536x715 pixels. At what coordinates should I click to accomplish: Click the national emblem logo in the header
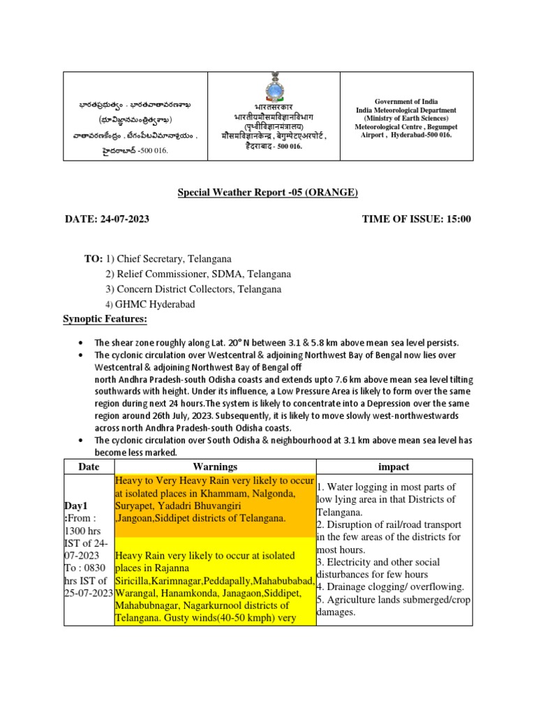271,89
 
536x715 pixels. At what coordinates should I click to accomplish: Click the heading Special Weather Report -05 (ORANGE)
267,193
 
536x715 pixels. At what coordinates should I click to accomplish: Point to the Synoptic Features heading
105,319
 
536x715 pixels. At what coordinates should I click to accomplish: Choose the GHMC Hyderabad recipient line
161,304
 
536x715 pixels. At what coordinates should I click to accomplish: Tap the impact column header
394,466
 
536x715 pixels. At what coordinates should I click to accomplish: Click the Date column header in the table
89,466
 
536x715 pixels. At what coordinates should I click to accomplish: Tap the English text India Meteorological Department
406,110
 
